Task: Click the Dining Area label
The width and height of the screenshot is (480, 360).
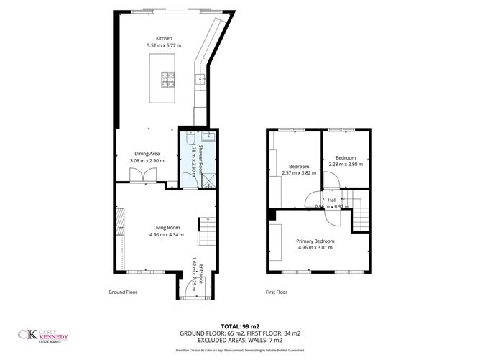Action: [147, 152]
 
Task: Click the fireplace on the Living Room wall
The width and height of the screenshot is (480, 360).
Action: [120, 219]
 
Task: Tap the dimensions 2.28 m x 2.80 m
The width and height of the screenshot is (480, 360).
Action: [345, 164]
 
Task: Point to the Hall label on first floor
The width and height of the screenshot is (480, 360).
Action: [332, 200]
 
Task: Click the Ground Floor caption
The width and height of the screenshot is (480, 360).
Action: [122, 292]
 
